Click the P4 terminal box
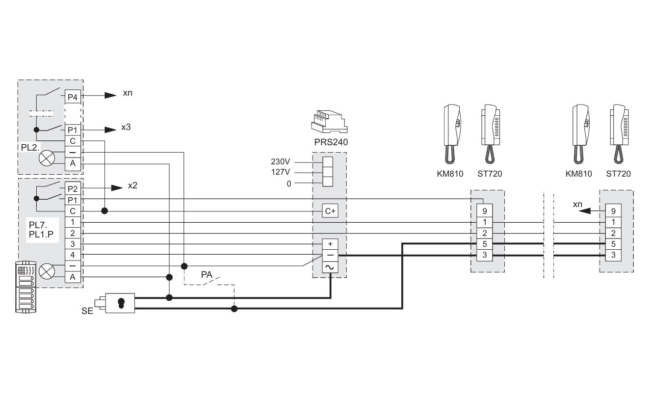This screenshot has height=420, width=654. coord(72,97)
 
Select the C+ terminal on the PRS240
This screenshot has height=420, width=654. coord(330,211)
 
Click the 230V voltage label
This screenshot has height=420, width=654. coord(281,161)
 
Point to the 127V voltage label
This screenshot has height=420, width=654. coord(281,172)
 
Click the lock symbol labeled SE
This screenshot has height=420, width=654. coord(121,303)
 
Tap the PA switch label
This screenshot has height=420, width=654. coord(207,275)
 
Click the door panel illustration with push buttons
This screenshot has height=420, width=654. coord(25,287)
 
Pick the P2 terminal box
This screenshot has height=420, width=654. coord(72,188)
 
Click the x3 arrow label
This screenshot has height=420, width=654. coord(126,127)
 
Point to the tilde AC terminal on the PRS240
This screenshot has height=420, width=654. coord(330,266)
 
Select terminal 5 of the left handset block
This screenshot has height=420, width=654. coord(484,244)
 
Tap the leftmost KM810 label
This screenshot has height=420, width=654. coord(449,174)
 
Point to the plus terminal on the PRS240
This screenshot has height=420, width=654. coord(330,244)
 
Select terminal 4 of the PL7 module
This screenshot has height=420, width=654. coord(72,255)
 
